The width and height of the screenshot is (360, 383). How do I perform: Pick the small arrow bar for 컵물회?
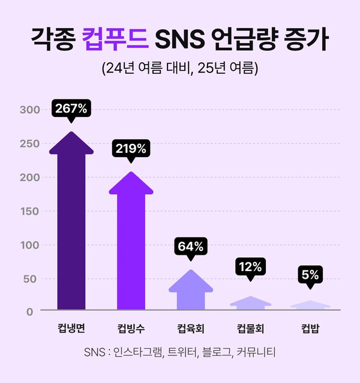251,304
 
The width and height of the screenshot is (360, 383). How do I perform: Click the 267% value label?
71,109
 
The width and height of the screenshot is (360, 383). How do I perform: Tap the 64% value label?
191,246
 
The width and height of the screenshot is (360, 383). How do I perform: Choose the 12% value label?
251,267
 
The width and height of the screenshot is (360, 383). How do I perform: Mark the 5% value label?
310,275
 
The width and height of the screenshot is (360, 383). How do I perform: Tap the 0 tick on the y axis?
36,310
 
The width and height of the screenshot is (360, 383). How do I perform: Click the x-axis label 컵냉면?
71,328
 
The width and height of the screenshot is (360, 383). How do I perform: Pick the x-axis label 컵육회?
191,328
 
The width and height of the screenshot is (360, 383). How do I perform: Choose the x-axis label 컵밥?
310,328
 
